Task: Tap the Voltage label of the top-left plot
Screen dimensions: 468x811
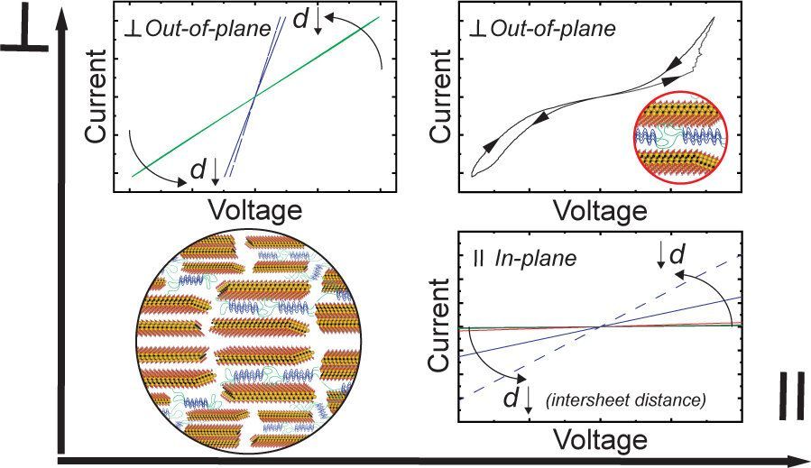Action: coord(255,211)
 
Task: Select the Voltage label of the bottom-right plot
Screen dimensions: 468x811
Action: coord(601,441)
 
